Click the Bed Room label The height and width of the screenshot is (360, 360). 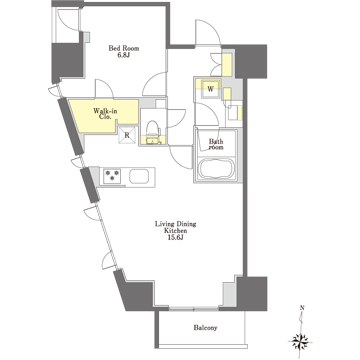point(124,48)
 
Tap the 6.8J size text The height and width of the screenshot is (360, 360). point(124,55)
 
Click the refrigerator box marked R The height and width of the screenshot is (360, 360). point(127,135)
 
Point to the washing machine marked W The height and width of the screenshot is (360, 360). point(210,89)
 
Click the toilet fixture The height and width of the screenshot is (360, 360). point(154,131)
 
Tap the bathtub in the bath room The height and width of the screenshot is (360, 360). point(215,169)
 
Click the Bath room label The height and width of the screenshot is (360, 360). point(216,144)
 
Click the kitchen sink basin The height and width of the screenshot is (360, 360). point(139,176)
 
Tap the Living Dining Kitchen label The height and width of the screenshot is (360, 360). point(175,227)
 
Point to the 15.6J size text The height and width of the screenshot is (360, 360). point(175,237)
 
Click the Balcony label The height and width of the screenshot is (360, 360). point(205,328)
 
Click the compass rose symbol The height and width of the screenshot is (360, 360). point(300,342)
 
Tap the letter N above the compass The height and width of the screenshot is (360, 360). point(302,308)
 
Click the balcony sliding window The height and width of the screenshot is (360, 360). point(194,309)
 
